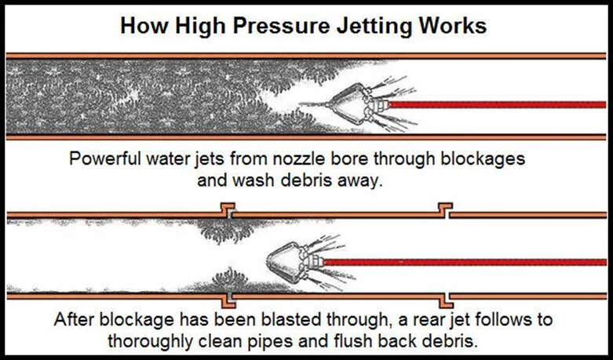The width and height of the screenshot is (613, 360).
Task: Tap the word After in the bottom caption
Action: [x=78, y=320]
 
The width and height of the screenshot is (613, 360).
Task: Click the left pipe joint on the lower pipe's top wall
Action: [x=227, y=211]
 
